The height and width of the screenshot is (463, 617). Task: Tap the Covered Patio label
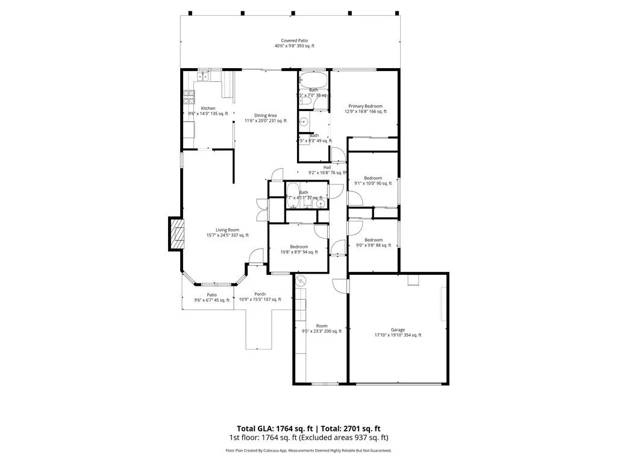[x=295, y=43]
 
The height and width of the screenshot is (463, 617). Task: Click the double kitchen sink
[x=204, y=77]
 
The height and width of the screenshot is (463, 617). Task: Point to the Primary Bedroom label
[x=365, y=109]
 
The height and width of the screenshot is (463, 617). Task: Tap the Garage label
[x=398, y=332]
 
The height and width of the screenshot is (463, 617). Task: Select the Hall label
[x=327, y=170]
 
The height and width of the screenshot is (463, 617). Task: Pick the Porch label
[x=260, y=297]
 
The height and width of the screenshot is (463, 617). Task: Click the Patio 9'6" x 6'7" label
[x=211, y=297]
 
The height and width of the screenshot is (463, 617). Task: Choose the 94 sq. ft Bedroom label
[x=299, y=249]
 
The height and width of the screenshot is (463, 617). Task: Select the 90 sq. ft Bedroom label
[x=373, y=180]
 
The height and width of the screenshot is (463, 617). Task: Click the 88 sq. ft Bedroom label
[x=373, y=242]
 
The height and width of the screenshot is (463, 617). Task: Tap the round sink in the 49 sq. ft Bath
[x=304, y=122]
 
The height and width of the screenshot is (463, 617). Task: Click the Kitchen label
[x=208, y=111]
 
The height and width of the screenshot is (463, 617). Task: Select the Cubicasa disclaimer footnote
[x=308, y=450]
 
